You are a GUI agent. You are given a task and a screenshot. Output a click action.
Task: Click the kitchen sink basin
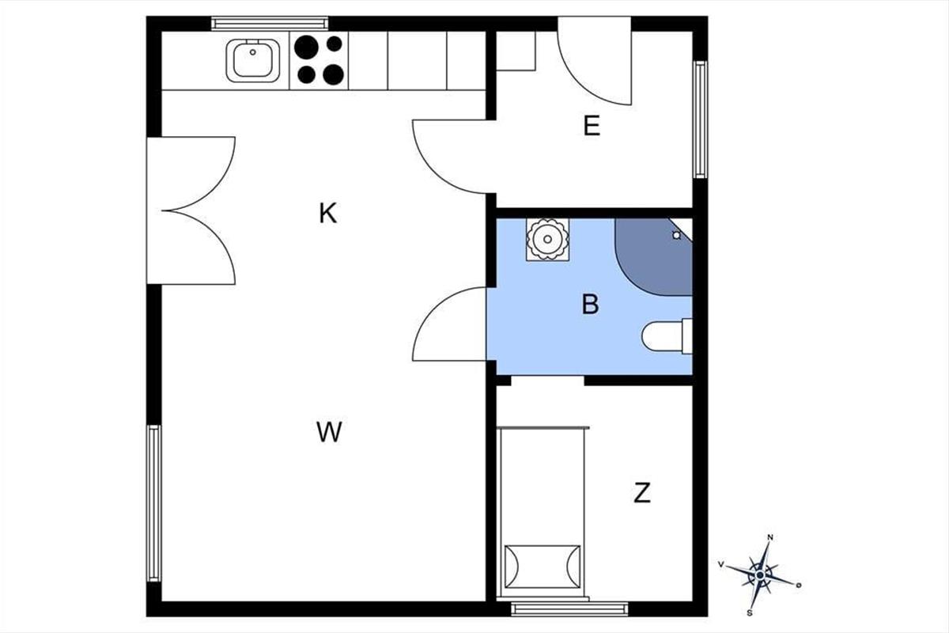(x=252, y=60)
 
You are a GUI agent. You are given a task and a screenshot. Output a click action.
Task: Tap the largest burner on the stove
(x=306, y=47)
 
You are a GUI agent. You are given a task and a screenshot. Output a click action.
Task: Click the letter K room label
(x=328, y=214)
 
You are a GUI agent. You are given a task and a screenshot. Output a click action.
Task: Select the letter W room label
(x=329, y=431)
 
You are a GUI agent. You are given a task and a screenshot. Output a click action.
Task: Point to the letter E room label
(x=592, y=126)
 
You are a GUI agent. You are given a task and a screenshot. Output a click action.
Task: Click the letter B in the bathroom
(x=591, y=304)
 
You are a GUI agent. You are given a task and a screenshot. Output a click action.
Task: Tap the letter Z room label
(x=642, y=493)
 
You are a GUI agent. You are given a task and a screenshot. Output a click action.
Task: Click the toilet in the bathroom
(x=667, y=336)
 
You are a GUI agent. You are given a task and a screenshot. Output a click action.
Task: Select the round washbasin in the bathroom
(x=547, y=239)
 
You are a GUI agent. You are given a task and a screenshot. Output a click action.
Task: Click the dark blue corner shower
(x=654, y=256)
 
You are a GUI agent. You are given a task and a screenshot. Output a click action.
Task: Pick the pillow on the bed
(x=543, y=567)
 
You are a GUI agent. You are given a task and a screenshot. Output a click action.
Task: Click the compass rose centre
(x=760, y=575)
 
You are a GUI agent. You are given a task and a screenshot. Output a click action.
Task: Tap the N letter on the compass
(x=770, y=537)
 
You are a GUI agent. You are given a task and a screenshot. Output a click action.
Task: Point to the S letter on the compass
(x=750, y=613)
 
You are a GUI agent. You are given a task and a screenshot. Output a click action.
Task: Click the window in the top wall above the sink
(x=270, y=23)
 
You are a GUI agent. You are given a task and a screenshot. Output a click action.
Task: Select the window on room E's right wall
(x=700, y=119)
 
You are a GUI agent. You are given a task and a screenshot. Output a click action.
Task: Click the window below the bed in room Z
(x=569, y=609)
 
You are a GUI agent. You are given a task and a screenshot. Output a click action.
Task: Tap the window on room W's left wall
(x=153, y=503)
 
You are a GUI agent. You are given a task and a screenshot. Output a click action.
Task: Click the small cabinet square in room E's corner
(x=516, y=51)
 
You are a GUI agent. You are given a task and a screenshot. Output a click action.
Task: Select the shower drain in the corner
(x=677, y=235)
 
